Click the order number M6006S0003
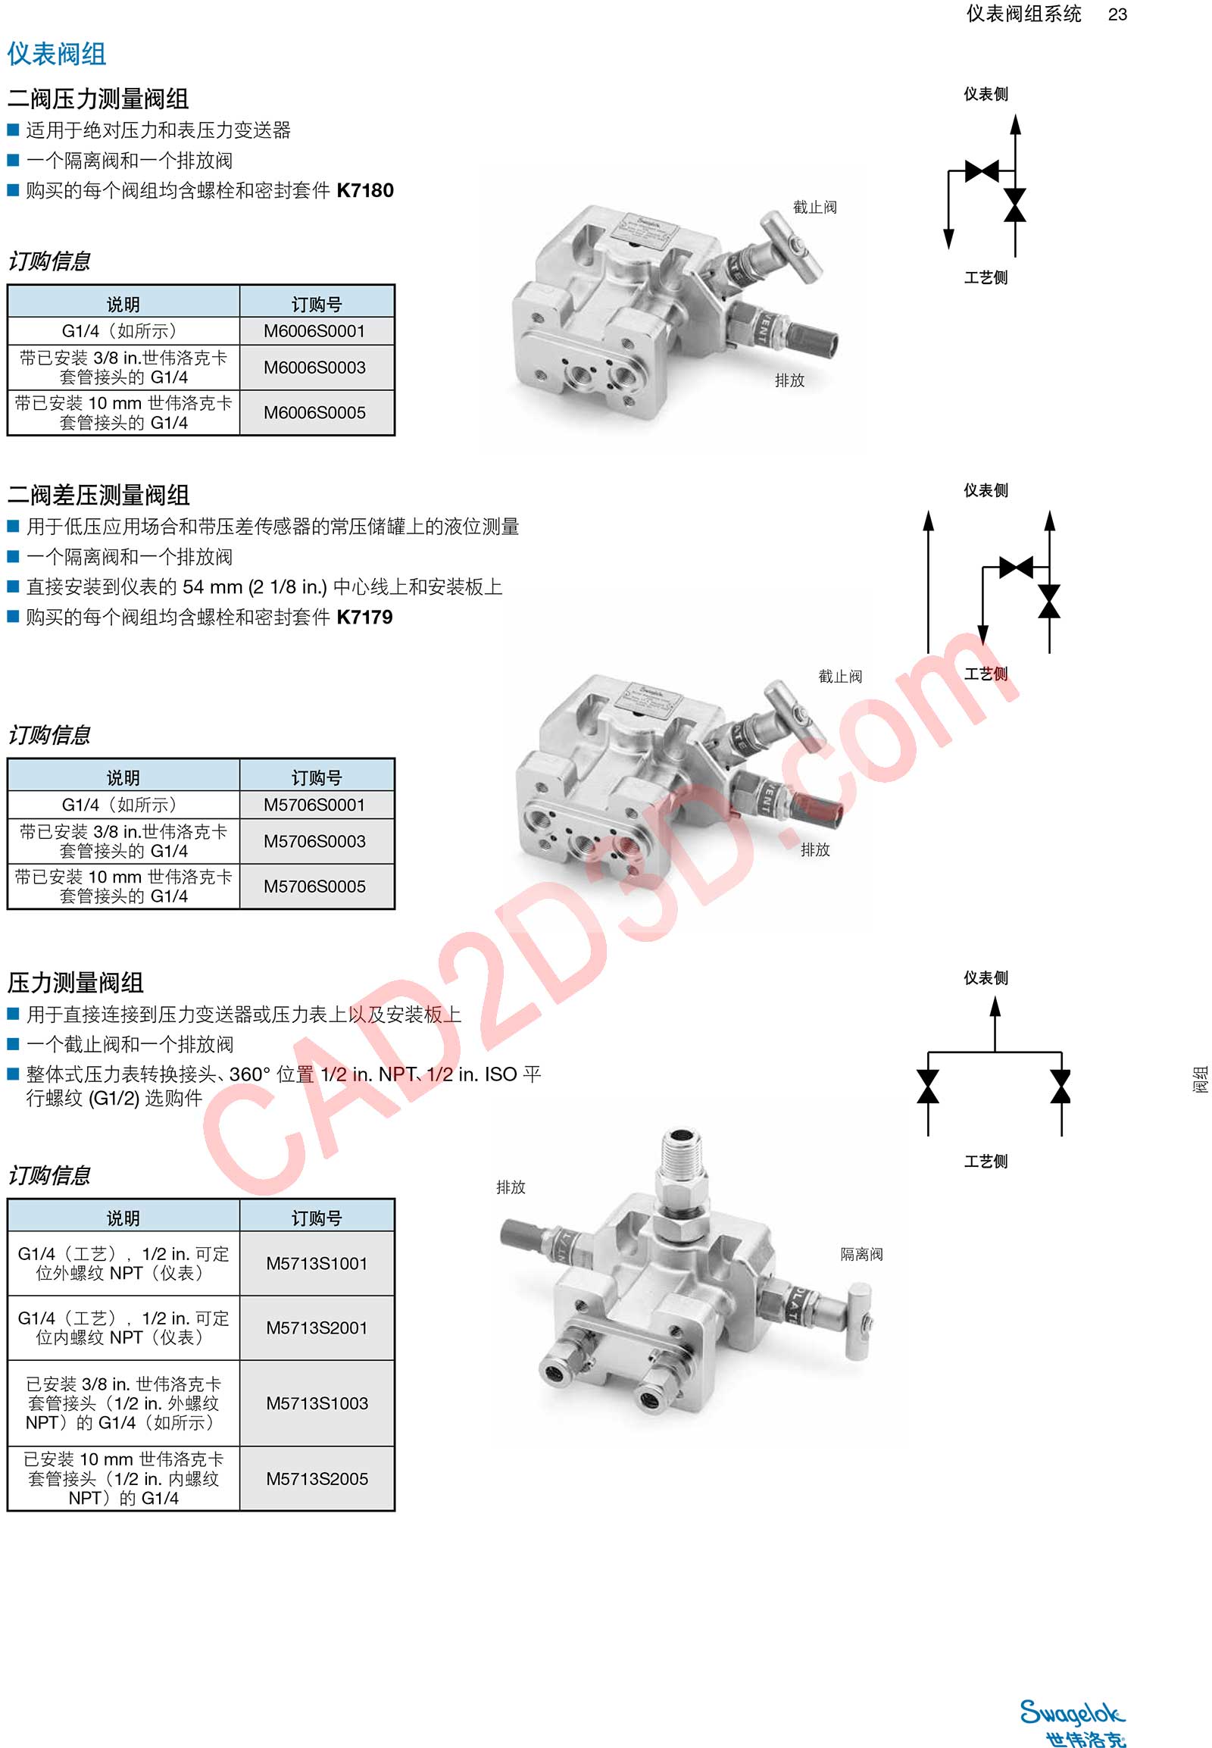pyautogui.click(x=314, y=367)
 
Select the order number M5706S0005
pyautogui.click(x=314, y=887)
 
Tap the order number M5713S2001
pyautogui.click(x=317, y=1328)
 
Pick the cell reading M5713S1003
pyautogui.click(x=317, y=1403)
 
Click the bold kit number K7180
pyautogui.click(x=365, y=190)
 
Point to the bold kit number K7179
pyautogui.click(x=364, y=617)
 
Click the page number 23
pyautogui.click(x=1117, y=14)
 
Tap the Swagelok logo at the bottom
pyautogui.click(x=1073, y=1722)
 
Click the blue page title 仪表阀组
pyautogui.click(x=57, y=54)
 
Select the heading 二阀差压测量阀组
pyautogui.click(x=98, y=496)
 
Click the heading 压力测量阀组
pyautogui.click(x=75, y=983)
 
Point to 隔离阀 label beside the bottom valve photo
pyautogui.click(x=861, y=1254)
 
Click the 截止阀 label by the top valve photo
pyautogui.click(x=815, y=208)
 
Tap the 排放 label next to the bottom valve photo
pyautogui.click(x=511, y=1187)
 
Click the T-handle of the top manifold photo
pyautogui.click(x=792, y=243)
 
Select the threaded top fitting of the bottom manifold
pyautogui.click(x=683, y=1156)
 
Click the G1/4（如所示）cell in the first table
pyautogui.click(x=123, y=331)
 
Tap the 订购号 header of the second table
pyautogui.click(x=317, y=777)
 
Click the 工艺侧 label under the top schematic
pyautogui.click(x=986, y=278)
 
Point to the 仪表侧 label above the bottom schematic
pyautogui.click(x=986, y=977)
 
